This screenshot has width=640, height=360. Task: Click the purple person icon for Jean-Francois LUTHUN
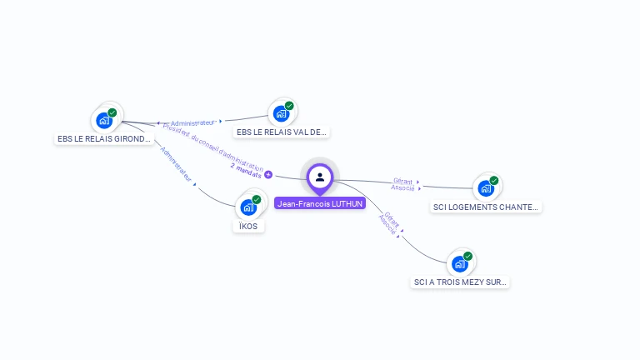pyautogui.click(x=320, y=177)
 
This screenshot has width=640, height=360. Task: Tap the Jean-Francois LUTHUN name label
pyautogui.click(x=320, y=203)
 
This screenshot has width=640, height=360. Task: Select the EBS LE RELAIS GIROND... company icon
pyautogui.click(x=105, y=120)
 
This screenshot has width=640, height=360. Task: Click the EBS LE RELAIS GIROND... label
pyautogui.click(x=105, y=139)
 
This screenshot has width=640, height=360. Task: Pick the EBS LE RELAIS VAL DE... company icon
pyautogui.click(x=282, y=113)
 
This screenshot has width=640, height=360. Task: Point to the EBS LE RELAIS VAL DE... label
pyautogui.click(x=282, y=132)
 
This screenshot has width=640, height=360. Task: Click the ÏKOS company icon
pyautogui.click(x=248, y=207)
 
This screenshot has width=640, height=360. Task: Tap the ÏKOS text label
pyautogui.click(x=248, y=226)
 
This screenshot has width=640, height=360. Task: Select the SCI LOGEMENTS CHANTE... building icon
pyautogui.click(x=486, y=188)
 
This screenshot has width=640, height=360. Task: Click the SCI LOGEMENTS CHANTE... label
pyautogui.click(x=487, y=207)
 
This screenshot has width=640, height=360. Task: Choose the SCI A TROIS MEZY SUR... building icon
pyautogui.click(x=460, y=264)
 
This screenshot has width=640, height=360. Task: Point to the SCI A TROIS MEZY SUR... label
pyautogui.click(x=460, y=282)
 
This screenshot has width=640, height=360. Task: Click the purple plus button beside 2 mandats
pyautogui.click(x=268, y=174)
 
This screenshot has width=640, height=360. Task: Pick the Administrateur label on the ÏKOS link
pyautogui.click(x=176, y=164)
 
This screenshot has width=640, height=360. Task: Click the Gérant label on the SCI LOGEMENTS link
pyautogui.click(x=403, y=181)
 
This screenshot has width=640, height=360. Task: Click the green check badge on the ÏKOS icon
pyautogui.click(x=256, y=199)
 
